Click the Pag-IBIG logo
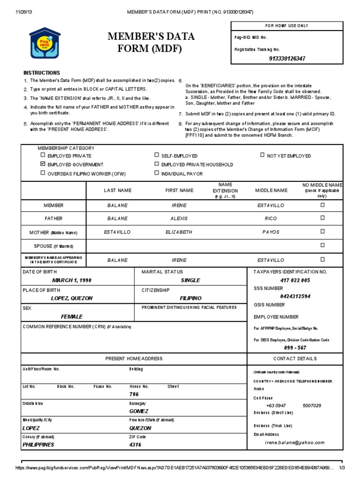click(x=45, y=43)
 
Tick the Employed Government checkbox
click(x=43, y=165)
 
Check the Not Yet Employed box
click(x=262, y=155)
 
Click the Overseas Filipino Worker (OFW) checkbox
click(x=43, y=173)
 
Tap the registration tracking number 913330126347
click(x=287, y=59)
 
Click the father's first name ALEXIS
click(x=179, y=218)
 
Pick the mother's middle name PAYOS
click(x=270, y=232)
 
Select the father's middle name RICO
click(x=270, y=218)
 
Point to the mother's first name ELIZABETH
click(x=179, y=232)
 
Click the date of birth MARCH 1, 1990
click(x=72, y=280)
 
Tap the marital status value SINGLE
click(x=190, y=280)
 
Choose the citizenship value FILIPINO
click(x=190, y=298)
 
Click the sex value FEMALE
click(x=71, y=316)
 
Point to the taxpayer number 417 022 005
click(x=295, y=280)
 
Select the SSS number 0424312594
click(x=295, y=296)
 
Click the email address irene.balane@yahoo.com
click(x=295, y=442)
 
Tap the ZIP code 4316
click(x=135, y=445)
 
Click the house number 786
click(x=135, y=395)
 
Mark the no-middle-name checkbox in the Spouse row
click(x=322, y=245)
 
